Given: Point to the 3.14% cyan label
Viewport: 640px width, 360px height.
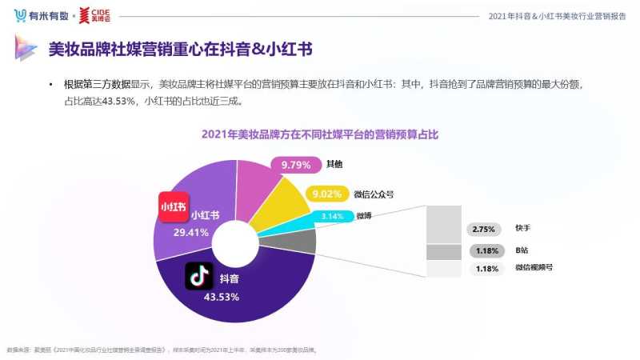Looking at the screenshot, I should click(x=331, y=216).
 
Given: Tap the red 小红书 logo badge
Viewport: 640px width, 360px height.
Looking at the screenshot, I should click(x=173, y=206).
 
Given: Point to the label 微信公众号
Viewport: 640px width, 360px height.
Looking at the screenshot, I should click(x=374, y=194).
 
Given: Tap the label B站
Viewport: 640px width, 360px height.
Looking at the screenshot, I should click(x=522, y=250).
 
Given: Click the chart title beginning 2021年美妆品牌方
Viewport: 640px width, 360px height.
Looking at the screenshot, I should click(x=319, y=135).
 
